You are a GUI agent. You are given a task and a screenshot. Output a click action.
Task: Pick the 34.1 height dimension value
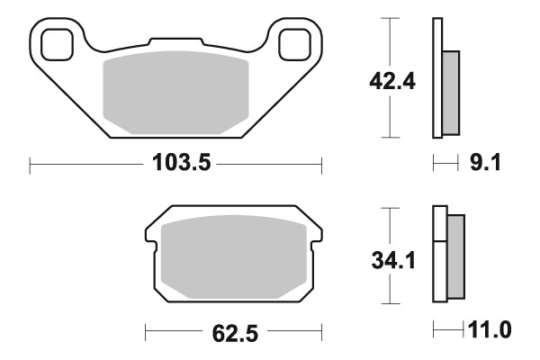[x=392, y=262]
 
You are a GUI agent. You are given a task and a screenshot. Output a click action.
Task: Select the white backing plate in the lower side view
[x=439, y=256]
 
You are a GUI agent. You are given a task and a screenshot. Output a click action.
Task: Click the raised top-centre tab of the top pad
[x=175, y=42]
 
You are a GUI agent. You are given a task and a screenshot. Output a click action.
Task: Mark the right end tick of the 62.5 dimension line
[x=321, y=333]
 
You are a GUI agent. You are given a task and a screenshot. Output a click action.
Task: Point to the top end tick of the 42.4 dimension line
[x=389, y=18]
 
